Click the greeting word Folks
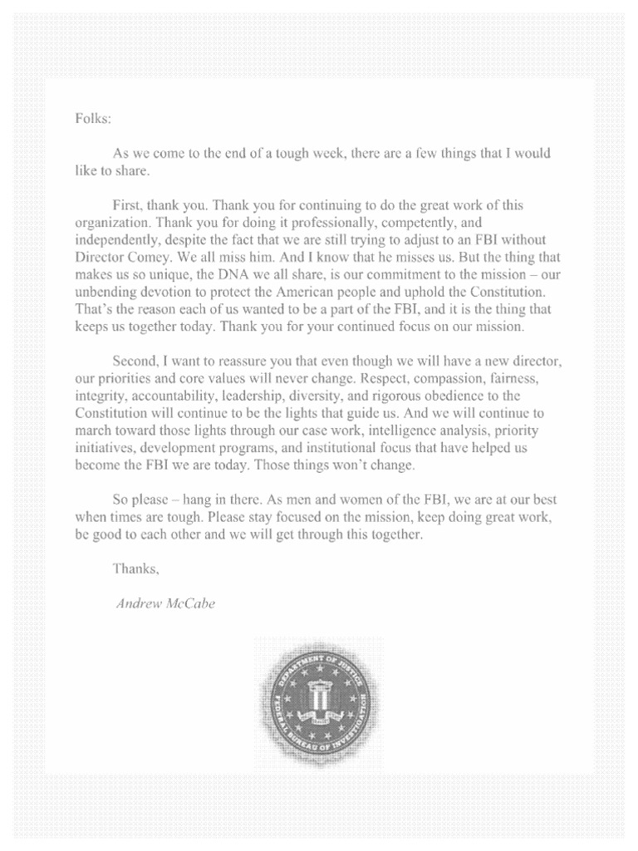click(92, 118)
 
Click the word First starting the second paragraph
click(127, 204)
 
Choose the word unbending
click(105, 293)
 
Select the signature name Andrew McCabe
click(165, 604)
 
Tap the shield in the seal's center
click(319, 693)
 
